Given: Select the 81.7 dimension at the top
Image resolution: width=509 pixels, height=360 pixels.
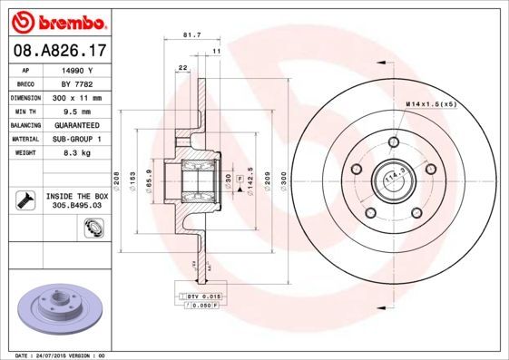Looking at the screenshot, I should (x=191, y=35).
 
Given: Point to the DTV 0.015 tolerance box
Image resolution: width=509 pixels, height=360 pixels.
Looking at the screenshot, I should (x=201, y=297).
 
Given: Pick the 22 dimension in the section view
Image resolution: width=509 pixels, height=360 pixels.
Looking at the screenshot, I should (x=182, y=69).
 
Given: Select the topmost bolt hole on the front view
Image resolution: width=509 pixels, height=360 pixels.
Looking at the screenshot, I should (x=393, y=141).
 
